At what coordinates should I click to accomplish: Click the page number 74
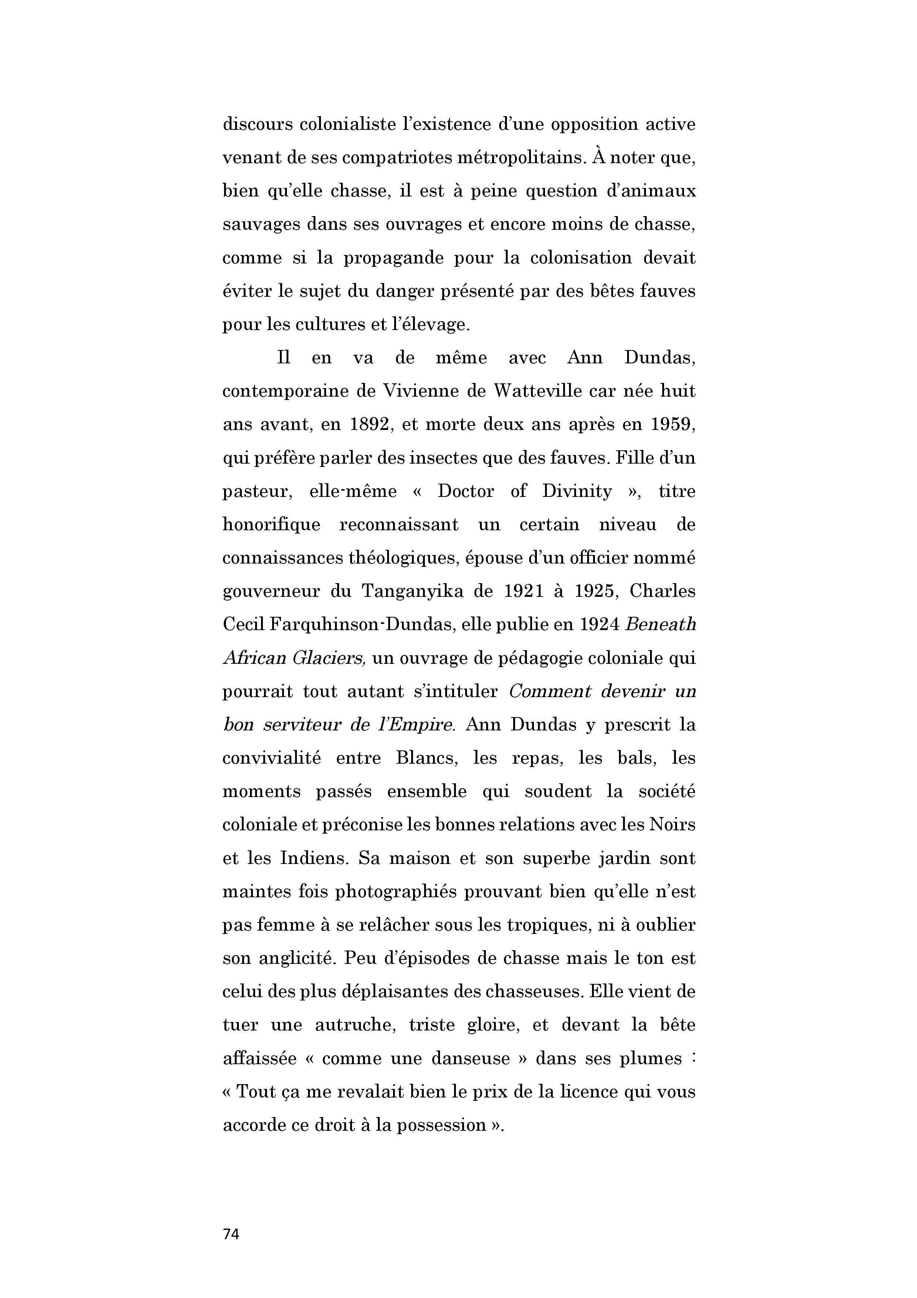coord(231,1234)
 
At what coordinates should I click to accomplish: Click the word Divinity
coord(577,491)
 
